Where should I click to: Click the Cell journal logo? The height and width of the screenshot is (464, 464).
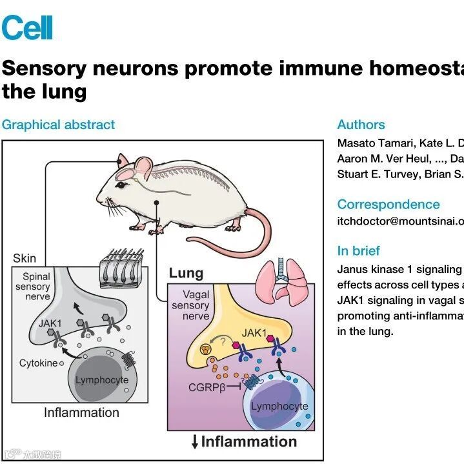coord(27,28)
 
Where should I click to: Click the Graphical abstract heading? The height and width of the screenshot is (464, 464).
coord(58,125)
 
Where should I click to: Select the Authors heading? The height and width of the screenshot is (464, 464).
coord(361,125)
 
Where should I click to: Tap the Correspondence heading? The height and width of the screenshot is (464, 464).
coord(388,205)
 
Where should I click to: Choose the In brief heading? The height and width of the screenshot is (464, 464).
coord(358,251)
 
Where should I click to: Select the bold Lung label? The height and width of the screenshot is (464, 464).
coord(186,274)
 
